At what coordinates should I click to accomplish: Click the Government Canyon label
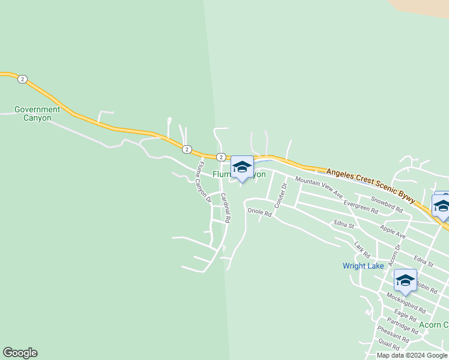pos(37,113)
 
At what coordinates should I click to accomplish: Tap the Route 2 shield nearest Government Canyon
pos(22,79)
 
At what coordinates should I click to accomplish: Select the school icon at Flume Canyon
pos(242,167)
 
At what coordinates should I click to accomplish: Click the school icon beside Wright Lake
pos(405,280)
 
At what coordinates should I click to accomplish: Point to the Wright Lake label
pos(363,266)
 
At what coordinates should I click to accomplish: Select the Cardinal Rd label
pos(225,208)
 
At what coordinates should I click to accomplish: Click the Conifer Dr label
pos(281,196)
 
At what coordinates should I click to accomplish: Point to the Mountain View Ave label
pos(319,188)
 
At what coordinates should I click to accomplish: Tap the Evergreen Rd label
pos(361,206)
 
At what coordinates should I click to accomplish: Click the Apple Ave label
pos(393,232)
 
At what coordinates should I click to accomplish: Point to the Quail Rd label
pos(390,345)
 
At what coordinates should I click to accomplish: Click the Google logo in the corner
pos(20,353)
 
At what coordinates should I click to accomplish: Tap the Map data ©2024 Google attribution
pos(412,355)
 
